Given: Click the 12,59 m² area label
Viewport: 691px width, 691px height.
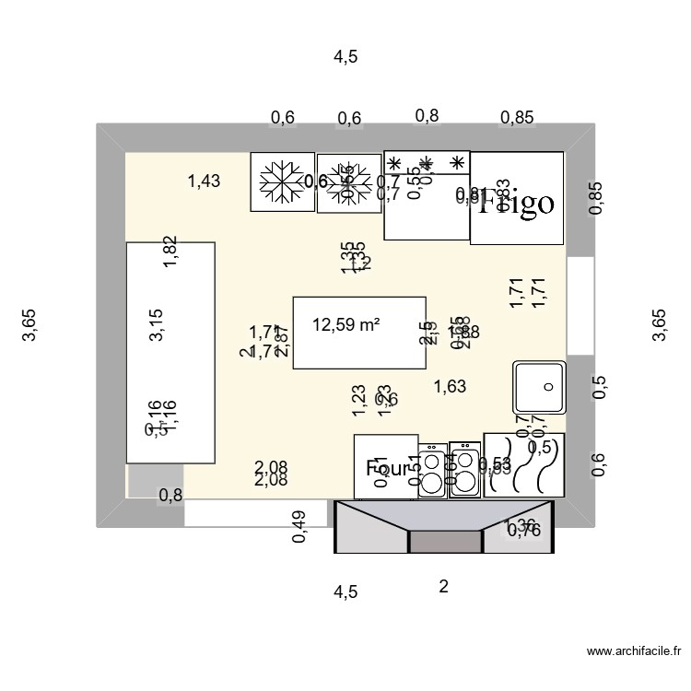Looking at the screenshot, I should (x=346, y=324).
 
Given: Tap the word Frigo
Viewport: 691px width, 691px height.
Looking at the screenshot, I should (x=515, y=203).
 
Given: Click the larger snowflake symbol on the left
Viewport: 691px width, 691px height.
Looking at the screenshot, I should (x=282, y=182).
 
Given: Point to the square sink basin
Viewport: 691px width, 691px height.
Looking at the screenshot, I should (x=539, y=387).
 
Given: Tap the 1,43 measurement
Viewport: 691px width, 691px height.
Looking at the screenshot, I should (x=204, y=182).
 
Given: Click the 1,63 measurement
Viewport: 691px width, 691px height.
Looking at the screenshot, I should (x=450, y=387).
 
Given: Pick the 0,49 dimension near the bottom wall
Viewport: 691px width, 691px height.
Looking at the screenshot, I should (x=299, y=527).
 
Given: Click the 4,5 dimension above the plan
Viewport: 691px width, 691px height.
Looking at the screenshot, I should (x=345, y=57).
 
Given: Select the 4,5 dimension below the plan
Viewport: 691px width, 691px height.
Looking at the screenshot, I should (x=345, y=591).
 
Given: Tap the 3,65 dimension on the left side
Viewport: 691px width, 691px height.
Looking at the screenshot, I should (x=29, y=325).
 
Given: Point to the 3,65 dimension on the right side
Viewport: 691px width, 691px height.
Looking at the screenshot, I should (x=659, y=325).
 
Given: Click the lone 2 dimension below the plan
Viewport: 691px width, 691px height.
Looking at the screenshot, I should (x=443, y=587).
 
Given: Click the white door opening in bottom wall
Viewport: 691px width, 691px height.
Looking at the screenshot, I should (x=256, y=513).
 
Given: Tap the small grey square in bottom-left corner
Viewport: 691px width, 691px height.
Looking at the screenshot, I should (x=143, y=480).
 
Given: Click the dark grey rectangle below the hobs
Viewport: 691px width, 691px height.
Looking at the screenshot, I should (x=445, y=542).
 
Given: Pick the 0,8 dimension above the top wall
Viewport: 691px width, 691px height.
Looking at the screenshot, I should (x=427, y=115).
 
